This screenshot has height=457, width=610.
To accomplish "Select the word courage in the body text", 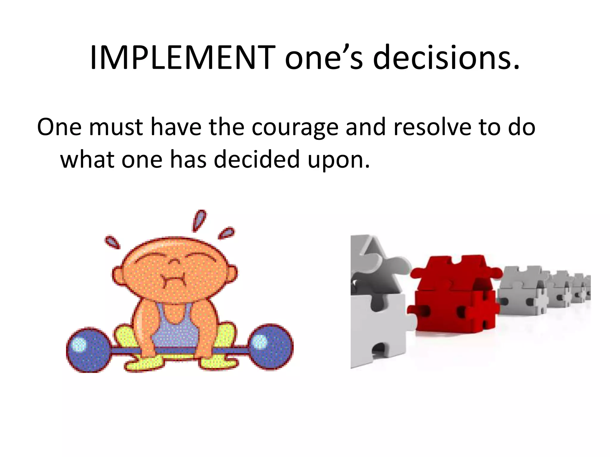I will coord(295,128).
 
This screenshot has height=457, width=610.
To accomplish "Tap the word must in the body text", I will coord(116,127).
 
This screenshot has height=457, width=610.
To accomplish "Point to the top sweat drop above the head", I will coord(199,220).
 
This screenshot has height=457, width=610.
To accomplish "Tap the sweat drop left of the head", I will coord(113,242).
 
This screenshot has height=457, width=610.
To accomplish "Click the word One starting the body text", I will coord(59,127).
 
